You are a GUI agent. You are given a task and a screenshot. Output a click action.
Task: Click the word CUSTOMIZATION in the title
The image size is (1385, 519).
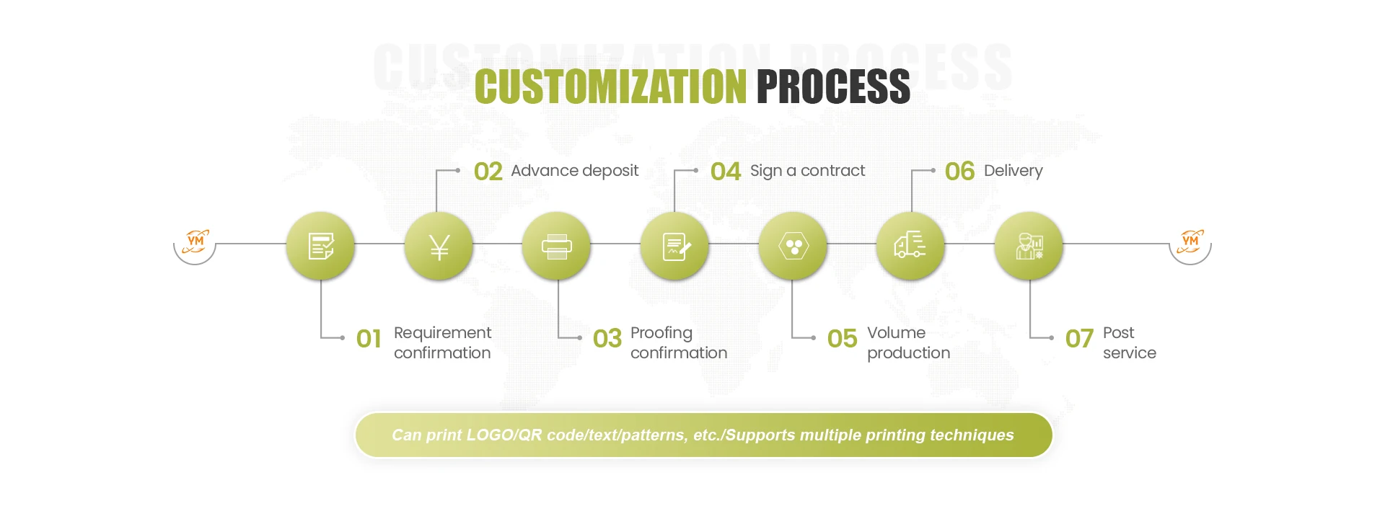click(x=610, y=87)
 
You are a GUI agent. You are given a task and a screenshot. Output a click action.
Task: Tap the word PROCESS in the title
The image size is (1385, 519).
click(x=833, y=87)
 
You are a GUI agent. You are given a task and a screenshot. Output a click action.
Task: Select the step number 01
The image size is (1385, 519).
click(x=369, y=339)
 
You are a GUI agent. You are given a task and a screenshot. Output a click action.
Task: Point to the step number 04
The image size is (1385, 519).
click(x=725, y=172)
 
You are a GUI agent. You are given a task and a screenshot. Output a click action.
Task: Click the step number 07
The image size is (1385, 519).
click(x=1079, y=339)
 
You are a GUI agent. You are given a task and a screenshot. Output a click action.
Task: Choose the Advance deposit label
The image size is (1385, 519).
click(x=574, y=171)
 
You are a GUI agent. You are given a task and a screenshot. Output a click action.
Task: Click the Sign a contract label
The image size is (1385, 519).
click(x=807, y=171)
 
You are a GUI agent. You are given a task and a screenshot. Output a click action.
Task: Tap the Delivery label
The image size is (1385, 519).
click(x=1013, y=171)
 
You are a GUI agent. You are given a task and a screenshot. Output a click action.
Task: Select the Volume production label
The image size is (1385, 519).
click(x=908, y=342)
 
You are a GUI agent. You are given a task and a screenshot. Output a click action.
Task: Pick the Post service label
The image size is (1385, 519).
click(x=1129, y=342)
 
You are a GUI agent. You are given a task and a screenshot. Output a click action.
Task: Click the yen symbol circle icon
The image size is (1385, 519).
click(x=439, y=247)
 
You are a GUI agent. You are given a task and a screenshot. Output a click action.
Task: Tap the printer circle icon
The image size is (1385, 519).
click(x=556, y=247)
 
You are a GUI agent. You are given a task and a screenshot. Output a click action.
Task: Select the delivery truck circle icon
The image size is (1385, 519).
click(x=910, y=247)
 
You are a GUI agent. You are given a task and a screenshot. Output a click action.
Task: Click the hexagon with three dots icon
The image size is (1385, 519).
click(x=793, y=247)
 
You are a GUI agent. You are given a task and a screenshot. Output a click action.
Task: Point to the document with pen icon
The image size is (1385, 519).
click(x=675, y=247)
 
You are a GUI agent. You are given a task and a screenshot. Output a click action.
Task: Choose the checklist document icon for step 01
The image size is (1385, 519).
click(x=320, y=247)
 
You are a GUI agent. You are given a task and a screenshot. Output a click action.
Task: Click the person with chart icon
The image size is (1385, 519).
click(x=1029, y=247)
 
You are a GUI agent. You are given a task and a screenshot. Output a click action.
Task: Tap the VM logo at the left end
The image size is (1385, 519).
click(x=195, y=242)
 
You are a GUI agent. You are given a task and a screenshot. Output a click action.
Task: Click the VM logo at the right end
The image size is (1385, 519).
click(x=1190, y=242)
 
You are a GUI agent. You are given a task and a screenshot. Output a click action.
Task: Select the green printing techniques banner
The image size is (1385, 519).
click(x=703, y=435)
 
